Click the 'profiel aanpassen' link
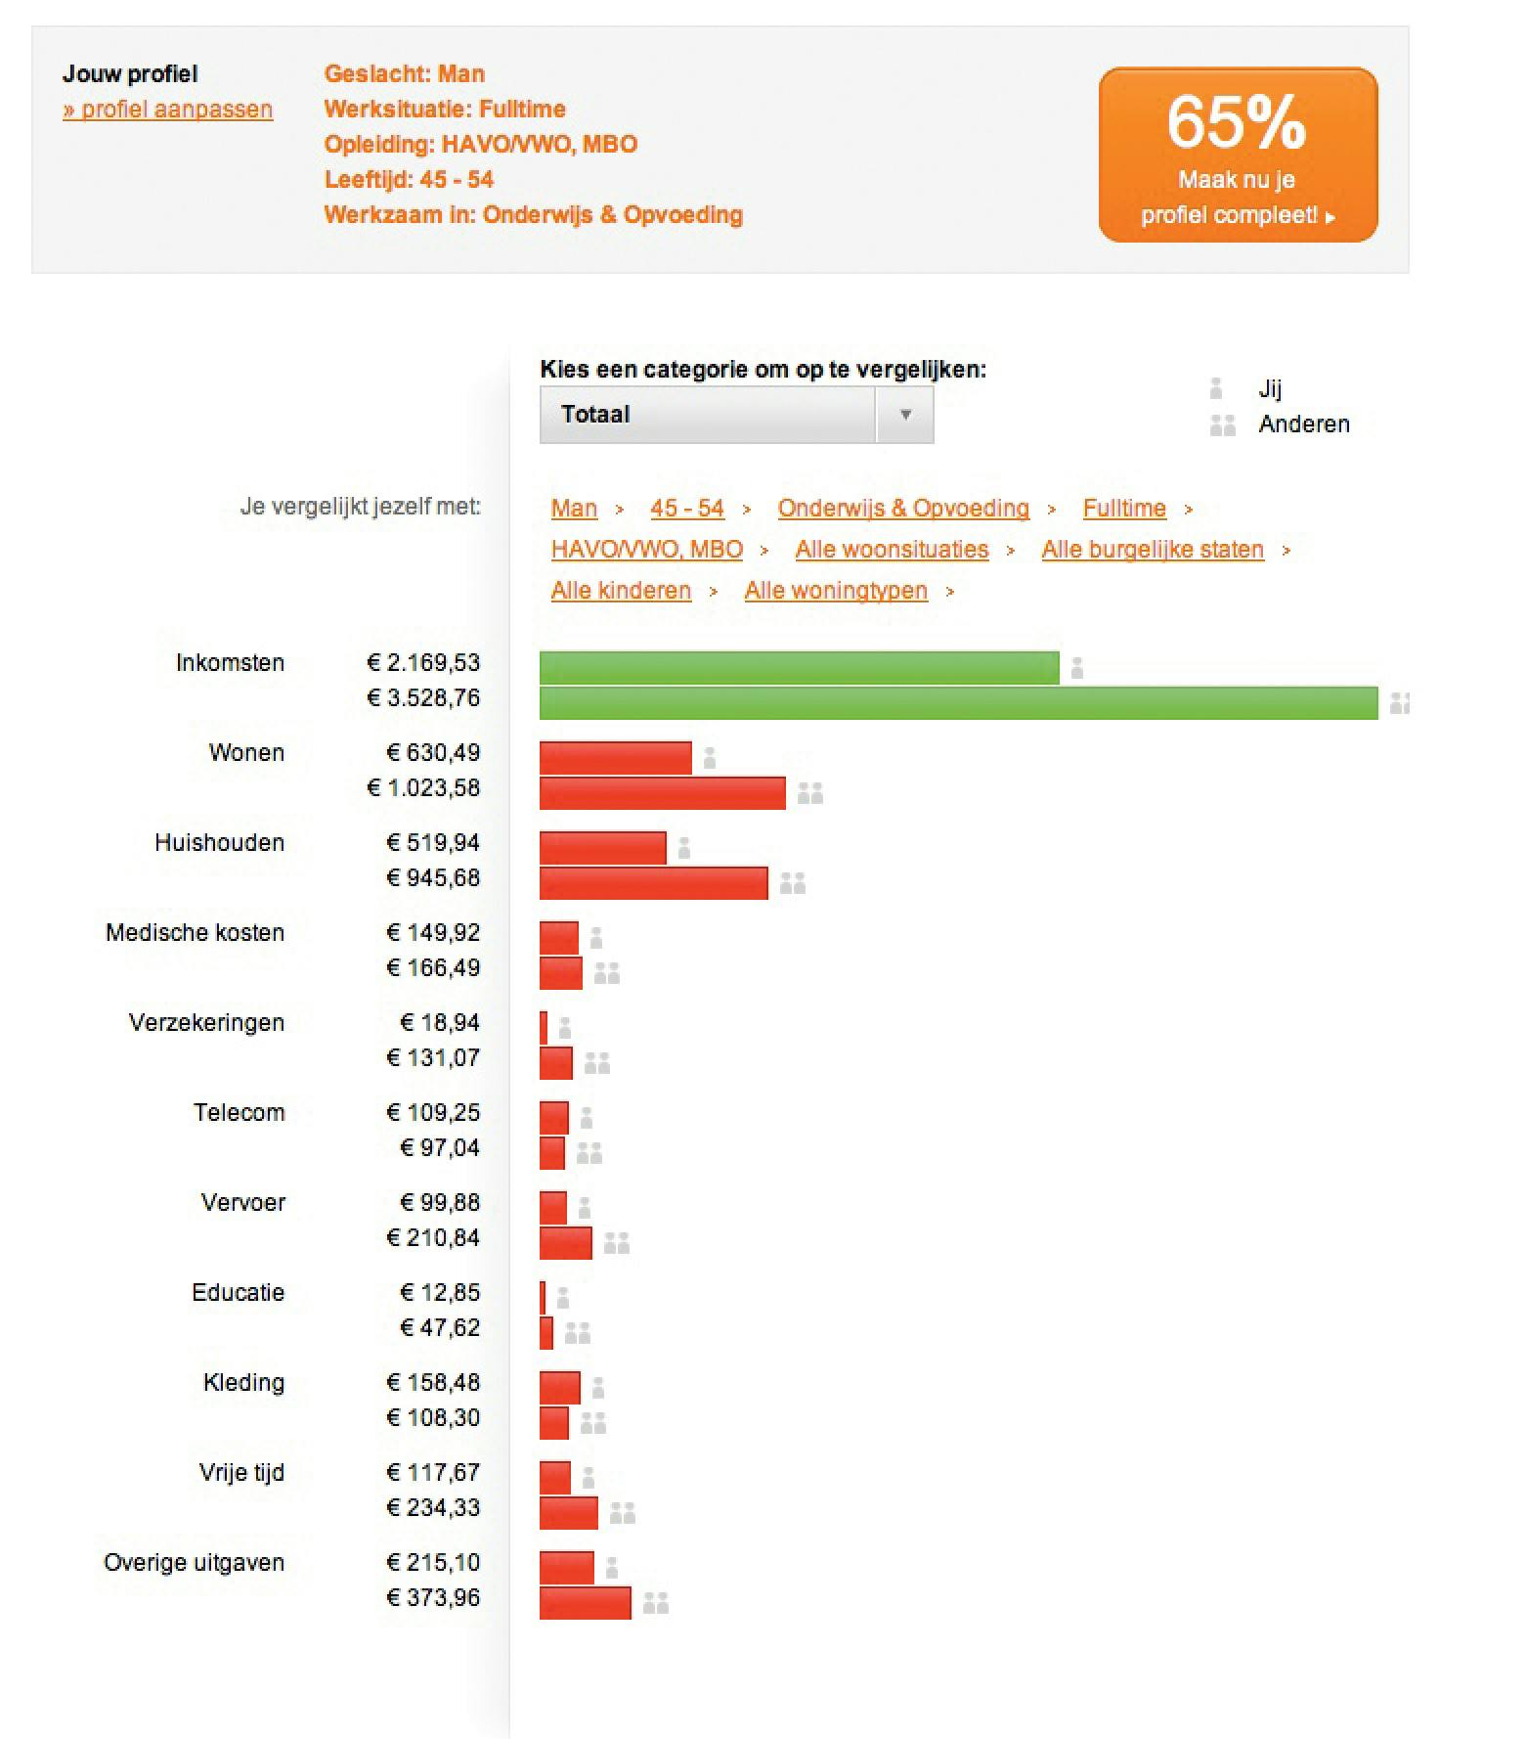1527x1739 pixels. [x=168, y=110]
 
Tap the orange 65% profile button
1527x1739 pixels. [x=1238, y=155]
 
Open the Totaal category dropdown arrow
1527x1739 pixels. [x=905, y=415]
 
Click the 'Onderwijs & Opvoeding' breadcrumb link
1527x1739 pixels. [x=903, y=509]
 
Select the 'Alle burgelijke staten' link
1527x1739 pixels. [x=1153, y=550]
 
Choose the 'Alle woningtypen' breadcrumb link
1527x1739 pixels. [x=836, y=591]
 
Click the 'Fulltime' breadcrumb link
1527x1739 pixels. [x=1124, y=509]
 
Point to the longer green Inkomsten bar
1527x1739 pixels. [x=958, y=703]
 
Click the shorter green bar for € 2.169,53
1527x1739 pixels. [x=799, y=668]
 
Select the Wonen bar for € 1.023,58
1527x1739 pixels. [x=662, y=793]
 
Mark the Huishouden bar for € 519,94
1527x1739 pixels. [x=602, y=848]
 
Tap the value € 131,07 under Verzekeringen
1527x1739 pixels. [x=433, y=1057]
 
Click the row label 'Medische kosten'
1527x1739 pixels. [x=195, y=933]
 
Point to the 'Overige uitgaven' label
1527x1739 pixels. [x=194, y=1563]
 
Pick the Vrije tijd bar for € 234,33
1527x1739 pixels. [x=568, y=1513]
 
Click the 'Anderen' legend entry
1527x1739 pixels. [x=1303, y=424]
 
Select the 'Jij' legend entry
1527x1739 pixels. [x=1269, y=389]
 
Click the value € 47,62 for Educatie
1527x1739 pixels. [x=440, y=1327]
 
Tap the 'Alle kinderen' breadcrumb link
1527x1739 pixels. [x=621, y=591]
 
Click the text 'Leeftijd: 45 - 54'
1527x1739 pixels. [x=409, y=180]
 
